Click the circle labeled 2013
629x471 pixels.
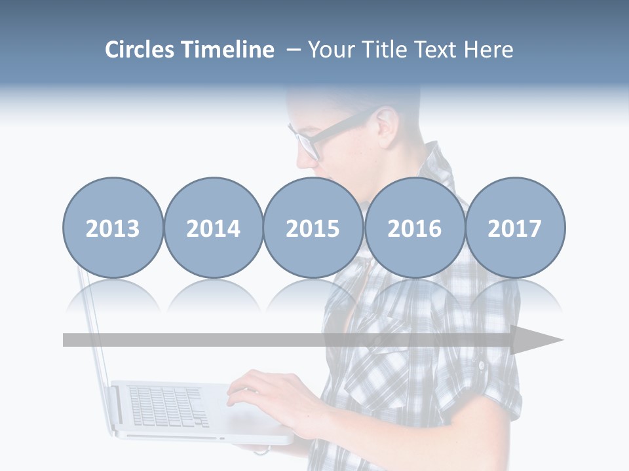(113, 228)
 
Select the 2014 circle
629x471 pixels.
(213, 228)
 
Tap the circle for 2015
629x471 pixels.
(313, 228)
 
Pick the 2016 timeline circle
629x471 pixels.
(414, 228)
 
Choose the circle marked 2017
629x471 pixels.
(514, 228)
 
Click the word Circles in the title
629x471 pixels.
(141, 50)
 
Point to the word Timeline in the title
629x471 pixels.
(229, 50)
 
